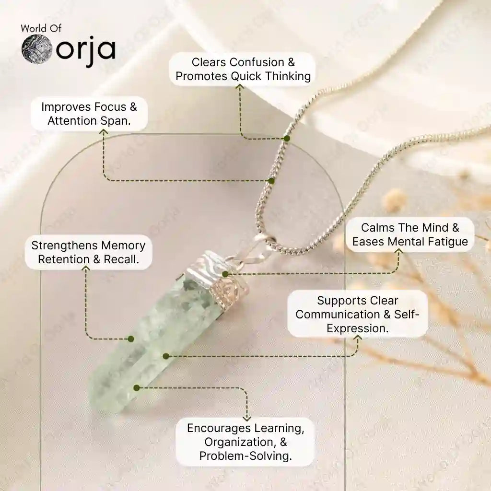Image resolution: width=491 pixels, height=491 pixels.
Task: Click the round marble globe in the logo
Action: coord(36,49)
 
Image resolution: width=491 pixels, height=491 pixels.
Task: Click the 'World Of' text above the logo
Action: coord(41,28)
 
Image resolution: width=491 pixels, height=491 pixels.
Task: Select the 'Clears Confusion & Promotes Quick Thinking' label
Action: coord(243,69)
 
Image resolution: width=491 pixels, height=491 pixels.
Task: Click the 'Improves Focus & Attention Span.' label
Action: coord(89,114)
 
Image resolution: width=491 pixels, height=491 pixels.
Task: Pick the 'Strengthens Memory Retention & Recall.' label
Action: coord(88,252)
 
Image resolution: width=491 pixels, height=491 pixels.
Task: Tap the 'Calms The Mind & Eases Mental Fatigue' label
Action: coord(410,234)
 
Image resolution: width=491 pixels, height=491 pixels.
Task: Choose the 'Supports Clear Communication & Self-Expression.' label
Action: coord(357,314)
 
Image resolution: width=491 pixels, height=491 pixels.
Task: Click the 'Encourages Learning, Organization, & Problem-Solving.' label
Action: coord(245,442)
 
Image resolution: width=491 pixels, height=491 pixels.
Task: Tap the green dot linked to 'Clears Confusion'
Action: coord(287,139)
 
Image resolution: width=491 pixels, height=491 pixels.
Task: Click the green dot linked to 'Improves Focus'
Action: coord(271,181)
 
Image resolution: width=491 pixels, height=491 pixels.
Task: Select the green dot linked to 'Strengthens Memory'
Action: coord(131,339)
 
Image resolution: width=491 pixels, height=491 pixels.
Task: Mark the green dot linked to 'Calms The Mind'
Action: coord(225,274)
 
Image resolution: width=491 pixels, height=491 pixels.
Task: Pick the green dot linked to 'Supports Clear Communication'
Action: coord(166,356)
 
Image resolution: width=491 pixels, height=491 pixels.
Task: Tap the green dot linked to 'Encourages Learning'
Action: coord(137,388)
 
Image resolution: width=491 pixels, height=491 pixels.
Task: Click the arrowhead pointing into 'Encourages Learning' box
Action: coord(247,418)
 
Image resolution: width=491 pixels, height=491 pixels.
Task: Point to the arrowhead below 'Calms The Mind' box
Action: coord(398,251)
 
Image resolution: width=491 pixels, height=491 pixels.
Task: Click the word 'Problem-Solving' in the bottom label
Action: coord(245,456)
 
